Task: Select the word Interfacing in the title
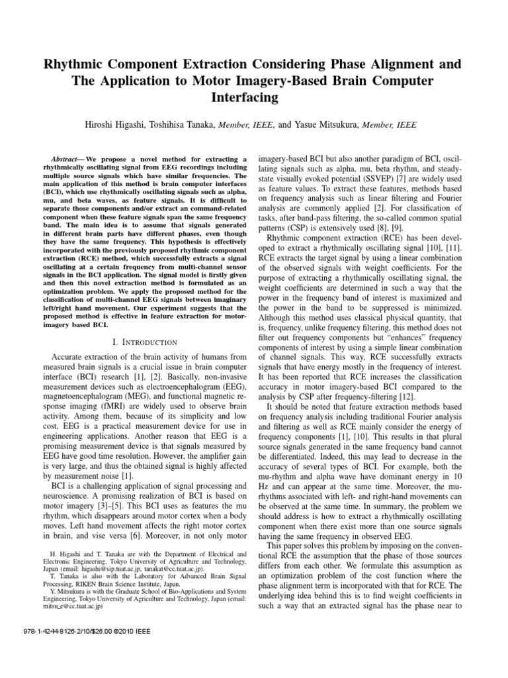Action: pyautogui.click(x=254, y=97)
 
